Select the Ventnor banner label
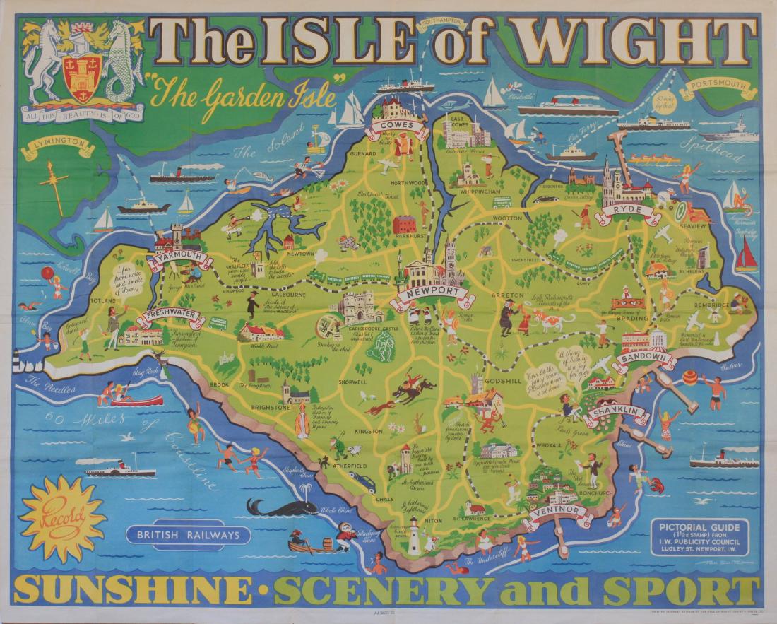pos(558,512)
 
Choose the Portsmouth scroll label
pos(718,90)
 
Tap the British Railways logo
pos(189,535)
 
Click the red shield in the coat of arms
pos(80,71)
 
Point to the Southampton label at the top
pos(442,25)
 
